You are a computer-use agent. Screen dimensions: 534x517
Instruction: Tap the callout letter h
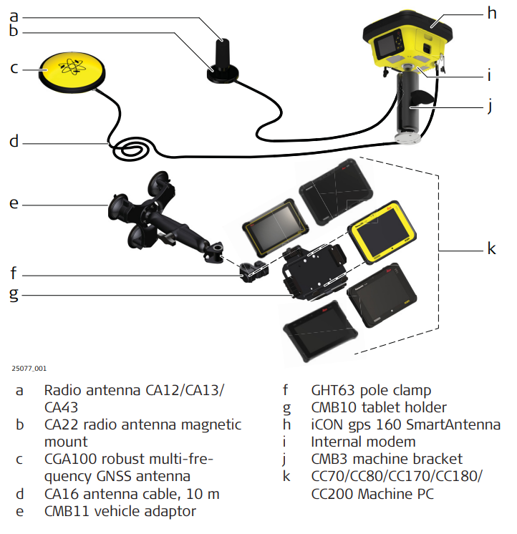click(x=491, y=13)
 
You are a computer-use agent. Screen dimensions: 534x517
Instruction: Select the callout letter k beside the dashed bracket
click(x=491, y=248)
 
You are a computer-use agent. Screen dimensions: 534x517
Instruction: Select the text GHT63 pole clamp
click(x=371, y=390)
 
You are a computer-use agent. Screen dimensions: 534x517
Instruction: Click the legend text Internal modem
click(x=363, y=442)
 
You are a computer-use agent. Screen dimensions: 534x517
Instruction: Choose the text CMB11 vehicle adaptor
click(x=120, y=511)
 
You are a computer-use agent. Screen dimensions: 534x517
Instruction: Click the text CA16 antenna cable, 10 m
click(x=132, y=494)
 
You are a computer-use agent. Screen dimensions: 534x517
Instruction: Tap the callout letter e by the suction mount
click(x=14, y=203)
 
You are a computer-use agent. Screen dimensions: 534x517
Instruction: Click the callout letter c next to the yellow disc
click(x=14, y=69)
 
